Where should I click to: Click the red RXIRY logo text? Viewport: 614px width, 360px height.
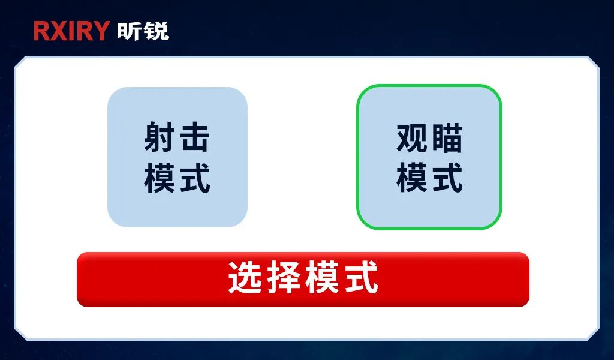[71, 31]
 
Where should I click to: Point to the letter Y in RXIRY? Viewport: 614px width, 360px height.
[100, 31]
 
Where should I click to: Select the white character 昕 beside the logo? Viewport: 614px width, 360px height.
[129, 31]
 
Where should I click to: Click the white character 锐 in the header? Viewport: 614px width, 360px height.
[156, 31]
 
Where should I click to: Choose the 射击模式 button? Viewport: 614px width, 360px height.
[177, 157]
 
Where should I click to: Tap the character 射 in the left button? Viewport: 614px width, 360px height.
[159, 137]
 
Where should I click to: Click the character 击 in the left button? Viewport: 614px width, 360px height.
[195, 137]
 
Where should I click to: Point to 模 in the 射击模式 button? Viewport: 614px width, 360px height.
[159, 178]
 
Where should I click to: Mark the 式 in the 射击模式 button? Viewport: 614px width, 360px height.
[195, 178]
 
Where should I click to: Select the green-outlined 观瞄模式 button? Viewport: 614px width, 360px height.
[429, 157]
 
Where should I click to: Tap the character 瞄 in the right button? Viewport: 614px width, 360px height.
[447, 138]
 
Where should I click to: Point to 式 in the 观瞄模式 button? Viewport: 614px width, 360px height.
[447, 178]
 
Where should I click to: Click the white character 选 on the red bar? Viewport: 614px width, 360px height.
[245, 278]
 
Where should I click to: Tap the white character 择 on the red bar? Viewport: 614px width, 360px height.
[284, 278]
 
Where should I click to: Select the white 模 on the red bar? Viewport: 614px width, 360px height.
[322, 278]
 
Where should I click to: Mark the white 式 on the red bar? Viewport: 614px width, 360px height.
[361, 278]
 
